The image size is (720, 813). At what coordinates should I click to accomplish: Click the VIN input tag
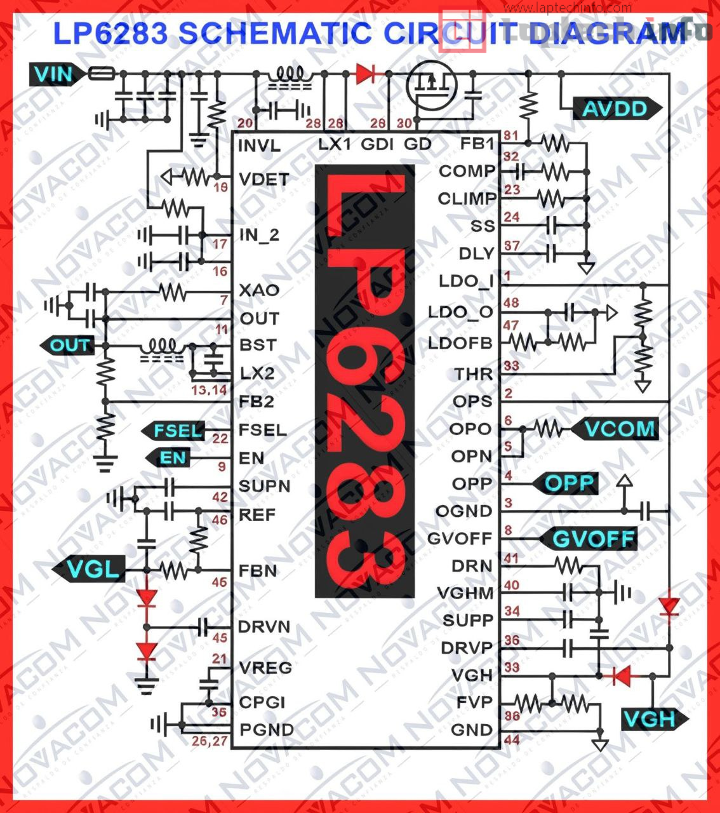54,74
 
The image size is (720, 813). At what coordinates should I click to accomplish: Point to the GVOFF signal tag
592,539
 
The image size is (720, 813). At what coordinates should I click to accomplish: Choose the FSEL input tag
177,431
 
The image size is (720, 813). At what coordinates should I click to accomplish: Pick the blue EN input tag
172,457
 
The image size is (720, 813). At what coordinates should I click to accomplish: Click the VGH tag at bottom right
650,719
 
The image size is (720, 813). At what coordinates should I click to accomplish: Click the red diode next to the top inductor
366,74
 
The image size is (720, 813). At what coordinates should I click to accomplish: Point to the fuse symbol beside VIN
101,74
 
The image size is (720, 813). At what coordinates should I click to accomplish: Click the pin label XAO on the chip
258,290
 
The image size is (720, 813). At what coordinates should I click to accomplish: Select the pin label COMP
466,171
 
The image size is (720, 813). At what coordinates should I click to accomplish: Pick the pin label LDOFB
460,344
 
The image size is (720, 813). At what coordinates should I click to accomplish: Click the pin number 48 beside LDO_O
511,303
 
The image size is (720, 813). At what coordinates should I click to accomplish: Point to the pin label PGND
266,730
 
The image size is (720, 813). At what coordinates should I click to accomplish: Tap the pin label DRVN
264,627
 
